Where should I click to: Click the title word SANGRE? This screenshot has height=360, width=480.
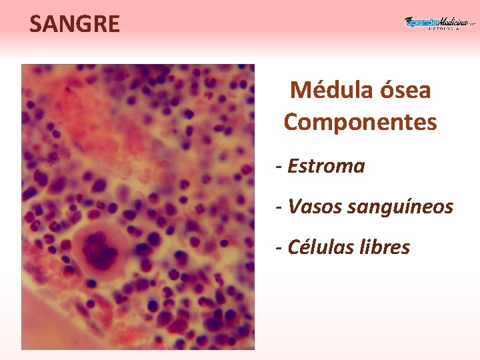[75, 25]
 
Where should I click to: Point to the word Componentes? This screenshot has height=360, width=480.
[360, 123]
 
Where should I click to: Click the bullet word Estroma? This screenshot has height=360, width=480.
[326, 166]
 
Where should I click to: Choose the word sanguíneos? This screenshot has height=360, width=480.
[401, 208]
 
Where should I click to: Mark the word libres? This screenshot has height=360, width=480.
[385, 247]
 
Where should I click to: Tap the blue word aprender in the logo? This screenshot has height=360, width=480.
[421, 23]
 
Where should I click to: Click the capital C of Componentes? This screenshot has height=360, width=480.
[291, 123]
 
